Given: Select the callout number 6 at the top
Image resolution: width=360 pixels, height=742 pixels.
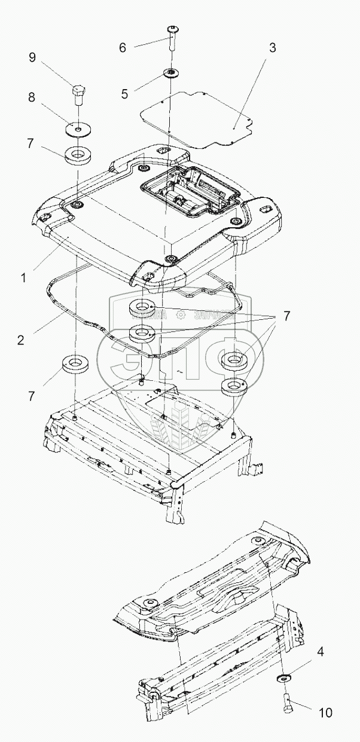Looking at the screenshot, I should (122, 47).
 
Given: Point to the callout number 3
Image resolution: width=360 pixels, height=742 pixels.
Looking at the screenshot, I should (272, 48).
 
